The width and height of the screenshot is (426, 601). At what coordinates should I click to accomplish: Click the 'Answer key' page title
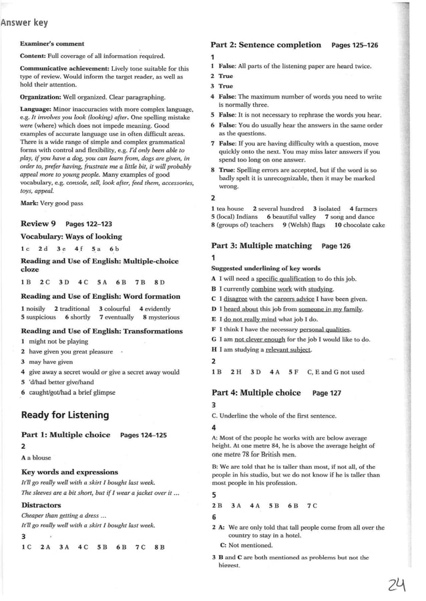[x=25, y=23]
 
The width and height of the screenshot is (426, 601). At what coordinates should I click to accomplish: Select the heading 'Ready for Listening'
[x=65, y=415]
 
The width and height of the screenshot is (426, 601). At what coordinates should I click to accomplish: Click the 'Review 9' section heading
[x=39, y=223]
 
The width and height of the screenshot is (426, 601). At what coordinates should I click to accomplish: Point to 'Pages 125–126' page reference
[x=355, y=45]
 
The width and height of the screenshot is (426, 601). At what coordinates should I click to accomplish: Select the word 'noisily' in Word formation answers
[x=35, y=309]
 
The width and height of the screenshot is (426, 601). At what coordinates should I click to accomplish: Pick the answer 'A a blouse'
[x=36, y=458]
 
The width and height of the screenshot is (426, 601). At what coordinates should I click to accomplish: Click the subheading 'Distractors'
[x=41, y=505]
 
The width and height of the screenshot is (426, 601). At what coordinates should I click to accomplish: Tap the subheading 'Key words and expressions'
[x=69, y=472]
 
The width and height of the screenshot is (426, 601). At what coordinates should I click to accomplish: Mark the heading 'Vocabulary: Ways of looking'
[x=71, y=237]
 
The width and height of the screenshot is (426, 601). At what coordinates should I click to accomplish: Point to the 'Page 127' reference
[x=327, y=394]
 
